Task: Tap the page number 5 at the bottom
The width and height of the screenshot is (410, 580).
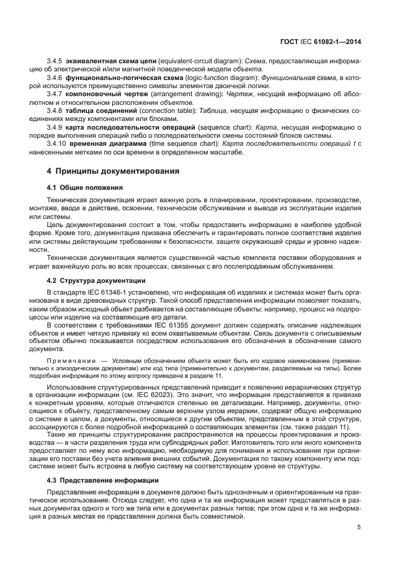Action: click(359, 528)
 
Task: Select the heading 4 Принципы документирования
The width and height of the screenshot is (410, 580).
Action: click(113, 171)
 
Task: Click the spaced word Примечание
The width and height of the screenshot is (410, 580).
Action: click(71, 360)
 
